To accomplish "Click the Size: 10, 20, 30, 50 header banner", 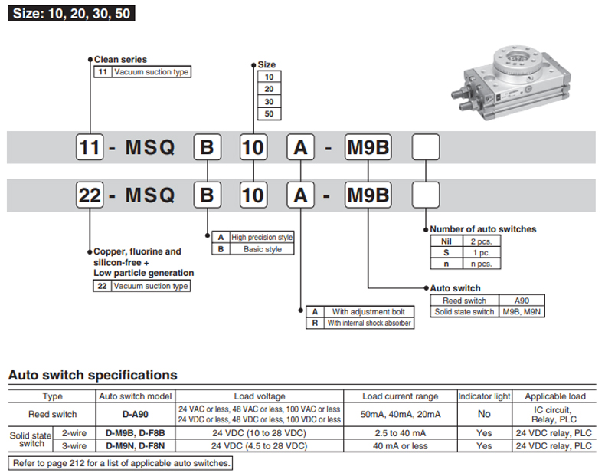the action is click(71, 14).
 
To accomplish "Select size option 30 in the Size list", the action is click(269, 101).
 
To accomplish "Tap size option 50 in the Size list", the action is click(269, 114).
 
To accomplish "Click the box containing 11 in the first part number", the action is click(90, 147).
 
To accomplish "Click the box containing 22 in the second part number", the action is click(90, 195).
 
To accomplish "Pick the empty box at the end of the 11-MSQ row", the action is click(426, 147).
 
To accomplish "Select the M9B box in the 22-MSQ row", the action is click(368, 195).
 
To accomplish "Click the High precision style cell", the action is click(262, 238).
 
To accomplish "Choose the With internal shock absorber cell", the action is click(369, 324).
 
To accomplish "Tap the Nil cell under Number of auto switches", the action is click(446, 241).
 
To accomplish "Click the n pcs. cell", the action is click(481, 264).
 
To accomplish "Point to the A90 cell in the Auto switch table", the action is click(522, 301).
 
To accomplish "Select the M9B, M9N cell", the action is click(522, 311).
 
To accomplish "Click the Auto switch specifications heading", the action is click(93, 375).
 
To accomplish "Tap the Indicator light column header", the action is click(484, 396).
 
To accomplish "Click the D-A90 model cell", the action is click(135, 414).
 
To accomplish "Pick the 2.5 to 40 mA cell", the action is click(400, 433).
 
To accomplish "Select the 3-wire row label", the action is click(74, 446).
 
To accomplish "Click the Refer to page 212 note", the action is click(120, 463).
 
